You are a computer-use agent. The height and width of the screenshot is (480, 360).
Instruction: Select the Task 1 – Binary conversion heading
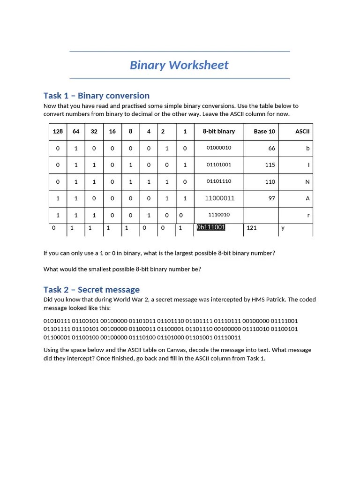(96, 96)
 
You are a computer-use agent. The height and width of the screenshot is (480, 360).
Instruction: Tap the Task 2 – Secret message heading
(91, 290)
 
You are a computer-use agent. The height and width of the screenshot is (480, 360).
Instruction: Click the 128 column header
(58, 132)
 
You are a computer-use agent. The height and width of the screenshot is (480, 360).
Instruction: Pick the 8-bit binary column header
(219, 132)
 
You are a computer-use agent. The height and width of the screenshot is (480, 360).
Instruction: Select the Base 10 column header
(264, 132)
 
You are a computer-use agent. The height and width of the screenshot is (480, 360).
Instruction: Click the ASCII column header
(302, 132)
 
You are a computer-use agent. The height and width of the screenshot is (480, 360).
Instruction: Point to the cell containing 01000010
(219, 148)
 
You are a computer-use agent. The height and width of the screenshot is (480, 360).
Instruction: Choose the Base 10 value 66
(272, 149)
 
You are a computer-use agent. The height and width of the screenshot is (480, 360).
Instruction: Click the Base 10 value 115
(270, 165)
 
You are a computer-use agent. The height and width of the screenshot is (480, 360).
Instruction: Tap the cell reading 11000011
(220, 198)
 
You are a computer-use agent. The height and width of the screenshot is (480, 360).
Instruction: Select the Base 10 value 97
(272, 198)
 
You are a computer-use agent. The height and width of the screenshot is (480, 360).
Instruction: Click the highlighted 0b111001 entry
(211, 227)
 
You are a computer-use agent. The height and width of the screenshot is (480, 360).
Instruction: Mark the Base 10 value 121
(251, 228)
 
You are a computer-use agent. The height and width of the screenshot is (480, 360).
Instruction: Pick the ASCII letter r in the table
(308, 215)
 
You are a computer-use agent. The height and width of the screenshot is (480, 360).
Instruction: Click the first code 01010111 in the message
(56, 321)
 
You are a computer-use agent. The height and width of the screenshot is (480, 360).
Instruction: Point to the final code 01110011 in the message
(227, 337)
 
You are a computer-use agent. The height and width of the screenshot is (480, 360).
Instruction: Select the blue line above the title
(180, 51)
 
